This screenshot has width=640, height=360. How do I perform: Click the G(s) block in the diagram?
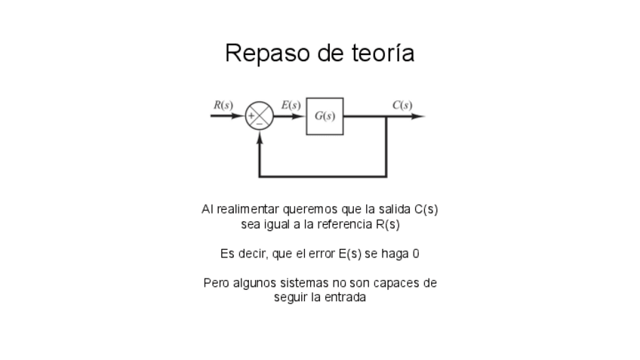coord(325,116)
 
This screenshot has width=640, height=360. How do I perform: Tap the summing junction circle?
coord(260,116)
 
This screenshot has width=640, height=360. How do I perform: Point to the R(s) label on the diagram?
coord(223,105)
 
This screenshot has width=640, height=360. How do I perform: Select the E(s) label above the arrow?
coord(291,105)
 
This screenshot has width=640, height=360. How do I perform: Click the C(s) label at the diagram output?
coord(402,105)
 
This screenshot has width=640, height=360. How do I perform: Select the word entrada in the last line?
coord(346,297)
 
